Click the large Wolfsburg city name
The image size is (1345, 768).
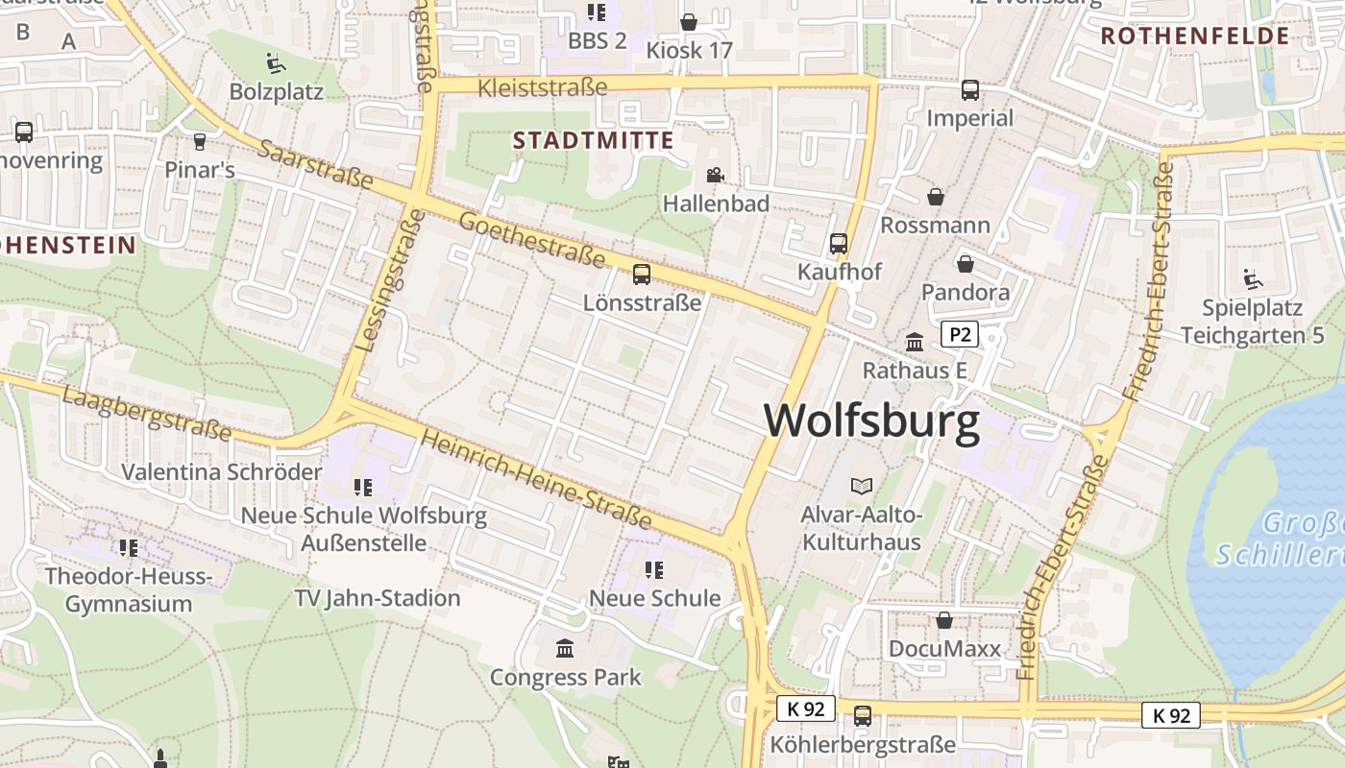(872, 420)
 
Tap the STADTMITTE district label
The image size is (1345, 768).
(593, 140)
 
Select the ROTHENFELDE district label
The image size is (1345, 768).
(1194, 36)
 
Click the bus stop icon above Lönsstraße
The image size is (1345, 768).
(642, 275)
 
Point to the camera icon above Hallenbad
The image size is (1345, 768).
(715, 175)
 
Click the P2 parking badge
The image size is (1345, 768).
(959, 334)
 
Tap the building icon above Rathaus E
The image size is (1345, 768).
(915, 342)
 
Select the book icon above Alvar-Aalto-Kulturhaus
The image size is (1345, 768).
(862, 487)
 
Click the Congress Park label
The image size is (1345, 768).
(565, 677)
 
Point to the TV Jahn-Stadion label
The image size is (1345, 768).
(378, 598)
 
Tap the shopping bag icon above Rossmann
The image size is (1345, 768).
(935, 197)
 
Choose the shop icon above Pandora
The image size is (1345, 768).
(965, 263)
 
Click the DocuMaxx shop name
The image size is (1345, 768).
(944, 648)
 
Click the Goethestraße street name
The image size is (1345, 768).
(531, 240)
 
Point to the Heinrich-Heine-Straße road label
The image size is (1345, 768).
(536, 480)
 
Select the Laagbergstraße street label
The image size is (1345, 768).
(148, 413)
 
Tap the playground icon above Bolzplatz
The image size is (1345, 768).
(276, 63)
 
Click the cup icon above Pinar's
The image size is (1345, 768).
(200, 142)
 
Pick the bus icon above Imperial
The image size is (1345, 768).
(970, 90)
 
